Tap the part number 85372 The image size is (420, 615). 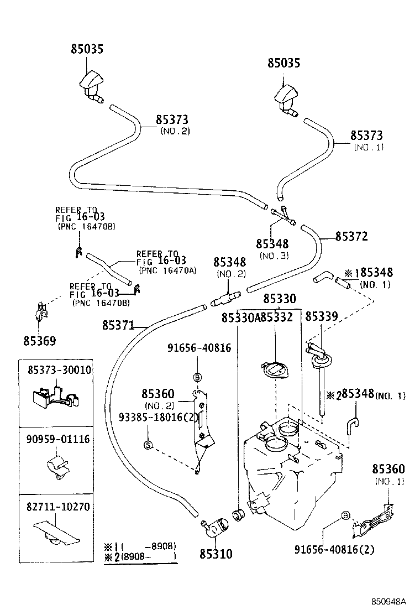tap(351, 236)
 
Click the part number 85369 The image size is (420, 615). tap(39, 341)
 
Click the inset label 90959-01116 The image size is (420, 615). tap(60, 439)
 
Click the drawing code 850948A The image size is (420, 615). tap(388, 601)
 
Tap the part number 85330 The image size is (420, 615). tap(279, 299)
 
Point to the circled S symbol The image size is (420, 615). tap(148, 444)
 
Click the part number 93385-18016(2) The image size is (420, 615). tap(158, 417)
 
